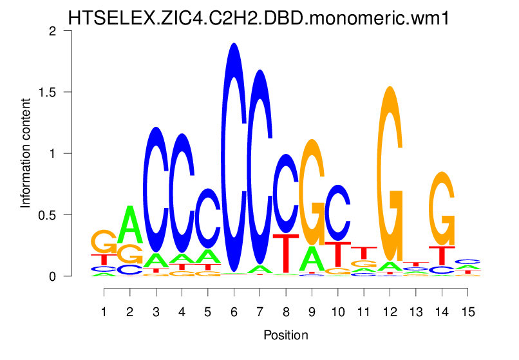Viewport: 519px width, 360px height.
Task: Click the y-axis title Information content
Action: tap(26, 153)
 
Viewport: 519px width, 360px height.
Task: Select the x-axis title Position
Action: tap(285, 336)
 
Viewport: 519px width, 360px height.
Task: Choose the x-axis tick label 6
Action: tap(234, 312)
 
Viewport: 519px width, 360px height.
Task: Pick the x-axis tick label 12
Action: tap(389, 312)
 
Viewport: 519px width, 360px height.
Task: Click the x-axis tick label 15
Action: tap(467, 312)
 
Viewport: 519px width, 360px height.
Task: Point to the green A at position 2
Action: tap(130, 225)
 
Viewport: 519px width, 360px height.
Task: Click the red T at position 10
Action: tap(337, 254)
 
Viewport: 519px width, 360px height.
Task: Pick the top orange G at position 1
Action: tap(104, 242)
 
